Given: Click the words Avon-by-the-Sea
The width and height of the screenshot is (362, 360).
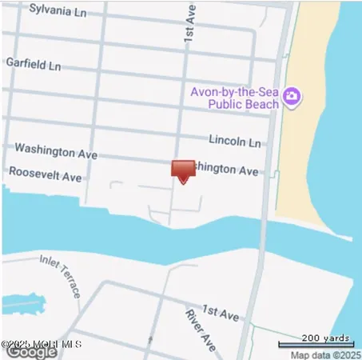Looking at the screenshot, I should click(x=234, y=91).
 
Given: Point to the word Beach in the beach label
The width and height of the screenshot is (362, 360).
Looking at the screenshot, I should click(x=261, y=103).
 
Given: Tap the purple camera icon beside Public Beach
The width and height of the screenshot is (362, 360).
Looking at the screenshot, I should click(x=292, y=97).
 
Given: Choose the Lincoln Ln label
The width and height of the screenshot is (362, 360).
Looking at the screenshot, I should click(x=235, y=141).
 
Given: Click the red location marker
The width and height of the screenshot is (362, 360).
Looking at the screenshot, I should click(x=183, y=170).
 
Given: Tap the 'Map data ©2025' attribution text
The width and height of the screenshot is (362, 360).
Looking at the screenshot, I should click(x=325, y=354).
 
